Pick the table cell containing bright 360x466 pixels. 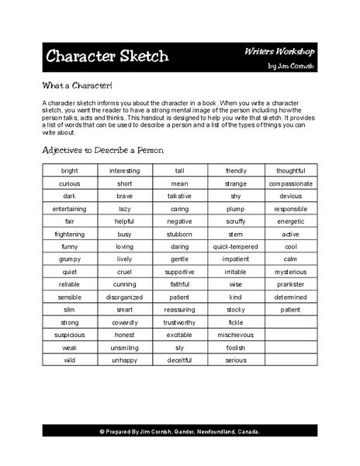click(x=70, y=171)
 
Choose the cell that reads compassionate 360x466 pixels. click(x=290, y=183)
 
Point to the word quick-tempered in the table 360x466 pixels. click(x=236, y=246)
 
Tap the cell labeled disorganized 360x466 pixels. click(x=125, y=297)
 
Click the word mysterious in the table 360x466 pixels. click(x=290, y=272)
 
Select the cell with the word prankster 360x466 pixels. click(x=290, y=284)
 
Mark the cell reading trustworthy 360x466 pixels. click(x=180, y=322)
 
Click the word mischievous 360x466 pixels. click(x=236, y=335)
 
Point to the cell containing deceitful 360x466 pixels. click(x=180, y=360)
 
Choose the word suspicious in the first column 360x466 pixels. click(x=70, y=335)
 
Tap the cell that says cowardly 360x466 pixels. click(x=125, y=322)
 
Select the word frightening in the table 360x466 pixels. click(x=70, y=234)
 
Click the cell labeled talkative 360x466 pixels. click(x=180, y=196)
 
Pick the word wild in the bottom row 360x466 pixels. click(x=70, y=360)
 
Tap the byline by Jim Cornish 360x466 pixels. click(x=289, y=66)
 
